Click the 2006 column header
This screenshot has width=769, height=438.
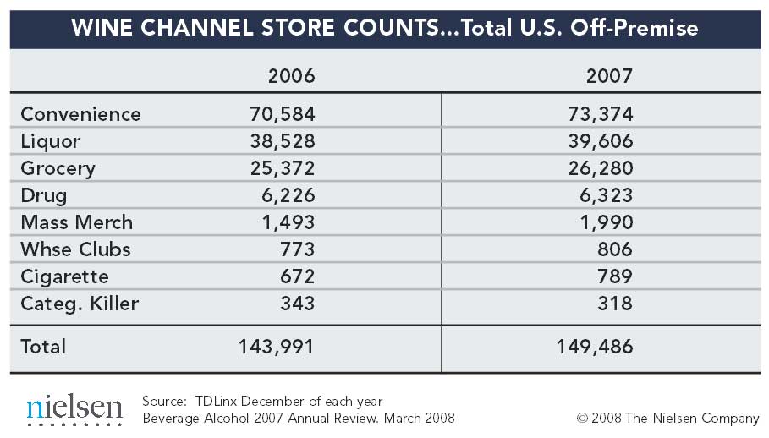(291, 76)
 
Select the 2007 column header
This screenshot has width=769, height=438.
(609, 76)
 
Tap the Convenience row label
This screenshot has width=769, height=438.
(80, 114)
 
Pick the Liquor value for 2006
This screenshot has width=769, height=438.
(282, 141)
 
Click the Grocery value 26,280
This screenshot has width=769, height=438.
(600, 168)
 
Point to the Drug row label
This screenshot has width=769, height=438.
(43, 195)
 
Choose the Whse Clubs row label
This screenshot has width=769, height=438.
(75, 249)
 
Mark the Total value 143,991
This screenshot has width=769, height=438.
(276, 347)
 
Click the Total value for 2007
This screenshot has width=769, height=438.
(594, 347)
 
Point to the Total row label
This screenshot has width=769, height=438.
(43, 347)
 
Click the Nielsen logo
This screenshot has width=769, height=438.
(74, 409)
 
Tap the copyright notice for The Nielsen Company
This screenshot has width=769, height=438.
(667, 418)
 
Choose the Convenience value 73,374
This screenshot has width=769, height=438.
(600, 114)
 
